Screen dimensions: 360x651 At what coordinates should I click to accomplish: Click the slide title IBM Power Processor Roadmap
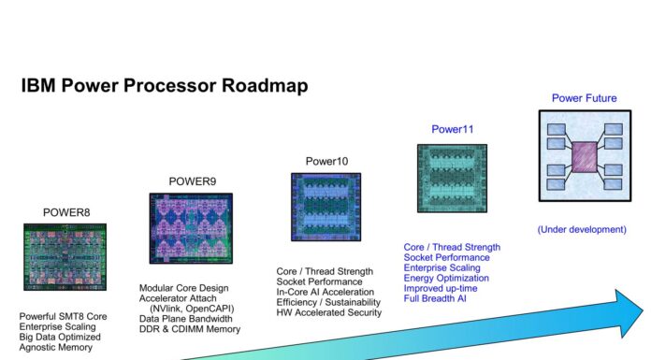tap(164, 86)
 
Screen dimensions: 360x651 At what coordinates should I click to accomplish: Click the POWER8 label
tap(65, 212)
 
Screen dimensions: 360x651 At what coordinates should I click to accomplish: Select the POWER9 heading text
tap(192, 180)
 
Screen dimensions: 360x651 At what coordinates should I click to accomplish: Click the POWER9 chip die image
tap(191, 228)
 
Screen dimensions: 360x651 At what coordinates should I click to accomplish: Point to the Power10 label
tap(326, 162)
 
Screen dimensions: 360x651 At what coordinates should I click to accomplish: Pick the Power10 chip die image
tap(325, 208)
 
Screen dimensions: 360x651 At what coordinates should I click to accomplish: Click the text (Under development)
tap(581, 229)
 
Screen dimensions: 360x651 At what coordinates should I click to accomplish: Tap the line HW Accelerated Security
tap(328, 313)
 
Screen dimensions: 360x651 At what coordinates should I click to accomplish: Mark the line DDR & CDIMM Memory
tap(190, 329)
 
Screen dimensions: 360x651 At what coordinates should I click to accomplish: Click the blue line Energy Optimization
tap(446, 278)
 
